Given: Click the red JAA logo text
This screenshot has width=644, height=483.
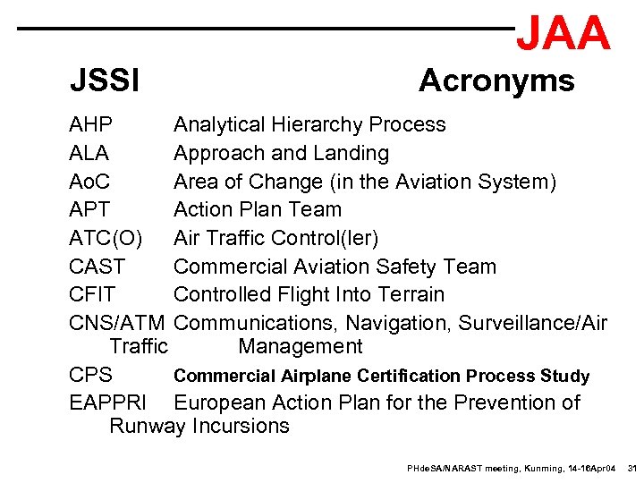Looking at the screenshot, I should tap(563, 33).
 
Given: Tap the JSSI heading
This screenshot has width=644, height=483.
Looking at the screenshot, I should tap(105, 82).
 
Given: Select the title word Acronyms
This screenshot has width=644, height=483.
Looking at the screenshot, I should tap(496, 81).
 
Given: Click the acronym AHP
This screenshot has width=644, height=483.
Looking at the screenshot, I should tap(90, 124).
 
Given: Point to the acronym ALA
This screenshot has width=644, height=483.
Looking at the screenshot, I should tap(89, 153).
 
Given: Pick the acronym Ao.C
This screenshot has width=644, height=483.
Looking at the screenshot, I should tap(89, 182).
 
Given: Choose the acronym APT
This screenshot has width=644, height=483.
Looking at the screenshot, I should tap(89, 210).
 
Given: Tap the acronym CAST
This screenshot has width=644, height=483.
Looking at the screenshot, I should tap(97, 267).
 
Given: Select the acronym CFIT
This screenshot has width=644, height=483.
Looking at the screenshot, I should tap(92, 294).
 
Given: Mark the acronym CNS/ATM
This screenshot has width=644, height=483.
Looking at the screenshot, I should tap(117, 323).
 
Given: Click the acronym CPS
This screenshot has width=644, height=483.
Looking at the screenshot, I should tap(90, 375).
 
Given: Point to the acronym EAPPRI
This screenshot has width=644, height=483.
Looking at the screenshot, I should tap(107, 402).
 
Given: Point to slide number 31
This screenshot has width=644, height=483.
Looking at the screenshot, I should tap(631, 468).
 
